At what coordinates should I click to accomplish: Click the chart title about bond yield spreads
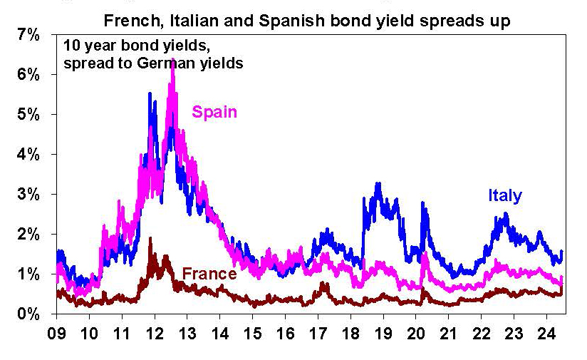[308, 21]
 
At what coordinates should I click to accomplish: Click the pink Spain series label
[214, 112]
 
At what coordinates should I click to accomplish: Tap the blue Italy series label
[505, 195]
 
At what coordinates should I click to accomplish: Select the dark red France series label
[209, 274]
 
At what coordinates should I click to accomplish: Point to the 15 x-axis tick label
[253, 333]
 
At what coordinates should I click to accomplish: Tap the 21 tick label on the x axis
[449, 333]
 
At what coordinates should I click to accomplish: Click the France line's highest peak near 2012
[150, 239]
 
